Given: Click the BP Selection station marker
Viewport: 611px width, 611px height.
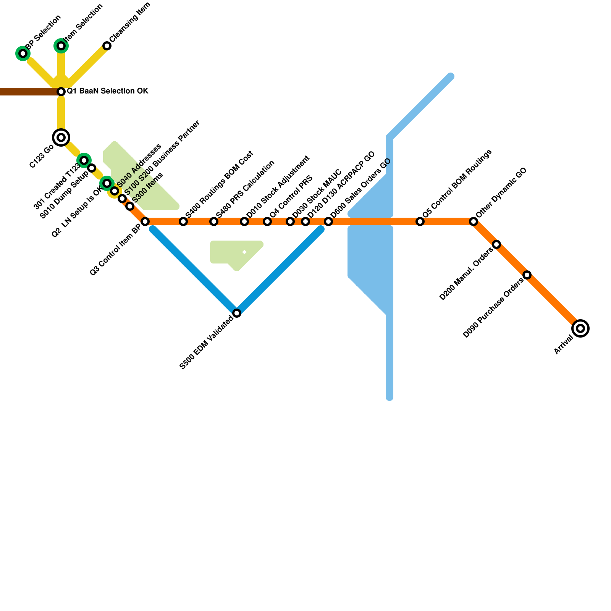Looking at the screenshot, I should coord(23,53).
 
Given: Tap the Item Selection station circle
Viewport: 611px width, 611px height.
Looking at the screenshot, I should coord(61,46).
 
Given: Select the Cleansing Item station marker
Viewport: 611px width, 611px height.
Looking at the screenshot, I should coord(107,46).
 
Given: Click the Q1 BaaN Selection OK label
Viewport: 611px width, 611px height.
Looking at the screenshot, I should coord(107,91).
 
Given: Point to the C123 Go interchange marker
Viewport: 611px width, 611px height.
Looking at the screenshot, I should coord(61,137).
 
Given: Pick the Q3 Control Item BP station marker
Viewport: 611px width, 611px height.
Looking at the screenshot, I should coord(145,221).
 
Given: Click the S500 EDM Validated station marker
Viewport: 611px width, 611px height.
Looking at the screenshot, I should coord(237,313).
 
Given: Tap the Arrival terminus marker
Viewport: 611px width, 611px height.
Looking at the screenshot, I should coord(580,328).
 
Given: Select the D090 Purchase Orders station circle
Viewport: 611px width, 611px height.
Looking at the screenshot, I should coord(527,275).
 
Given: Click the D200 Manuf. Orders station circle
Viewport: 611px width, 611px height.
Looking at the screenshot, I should coord(496,244).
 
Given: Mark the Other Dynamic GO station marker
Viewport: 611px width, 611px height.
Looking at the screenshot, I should coord(474,221).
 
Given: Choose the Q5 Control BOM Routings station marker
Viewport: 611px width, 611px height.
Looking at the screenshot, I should coord(420,221).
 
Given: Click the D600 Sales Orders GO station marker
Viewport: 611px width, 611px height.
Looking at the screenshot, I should coord(328,221).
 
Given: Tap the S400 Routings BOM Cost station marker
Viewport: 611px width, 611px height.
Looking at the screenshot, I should coord(183,221).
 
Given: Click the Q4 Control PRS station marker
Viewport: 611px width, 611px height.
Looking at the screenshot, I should coord(267,221).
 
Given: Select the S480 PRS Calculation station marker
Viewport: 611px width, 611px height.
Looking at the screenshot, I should coord(214,221).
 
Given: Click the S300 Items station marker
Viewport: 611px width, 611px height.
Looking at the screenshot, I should coord(130,206).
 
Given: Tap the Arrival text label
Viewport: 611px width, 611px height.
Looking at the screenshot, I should coord(564,344).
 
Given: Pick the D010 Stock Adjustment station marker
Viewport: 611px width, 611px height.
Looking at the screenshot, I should coord(244,221).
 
